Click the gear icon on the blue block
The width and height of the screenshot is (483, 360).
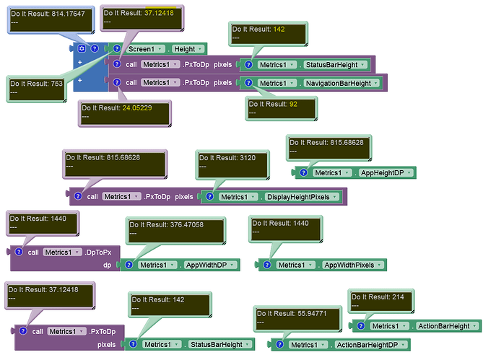point(82,48)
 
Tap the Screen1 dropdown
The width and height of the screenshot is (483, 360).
point(145,49)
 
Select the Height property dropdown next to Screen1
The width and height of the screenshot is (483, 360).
point(188,49)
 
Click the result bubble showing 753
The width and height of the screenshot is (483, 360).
point(37,89)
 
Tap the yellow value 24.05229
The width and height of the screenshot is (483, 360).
point(137,108)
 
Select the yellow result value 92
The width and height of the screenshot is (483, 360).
point(293,105)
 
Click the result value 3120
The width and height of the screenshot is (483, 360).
point(248,158)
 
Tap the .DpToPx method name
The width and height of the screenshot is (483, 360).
point(98,253)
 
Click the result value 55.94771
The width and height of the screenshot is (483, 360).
point(312,314)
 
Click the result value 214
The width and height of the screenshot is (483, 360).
point(398,297)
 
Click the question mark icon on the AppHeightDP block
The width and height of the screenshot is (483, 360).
point(303,172)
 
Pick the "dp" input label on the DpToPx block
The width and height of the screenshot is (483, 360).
point(107,265)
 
